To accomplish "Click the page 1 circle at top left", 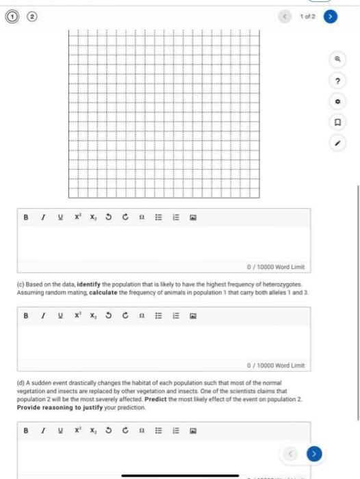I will click(11, 15).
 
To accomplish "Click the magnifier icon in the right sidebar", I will click(337, 60).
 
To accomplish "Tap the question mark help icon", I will click(337, 81).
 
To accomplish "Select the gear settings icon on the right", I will click(337, 102).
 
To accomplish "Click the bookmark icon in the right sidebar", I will click(337, 123).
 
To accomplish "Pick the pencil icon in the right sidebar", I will click(337, 144).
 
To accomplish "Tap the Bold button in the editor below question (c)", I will click(26, 317).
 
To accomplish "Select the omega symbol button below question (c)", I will click(141, 317).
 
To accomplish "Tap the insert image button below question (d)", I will click(194, 432).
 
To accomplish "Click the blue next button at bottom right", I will click(314, 452).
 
